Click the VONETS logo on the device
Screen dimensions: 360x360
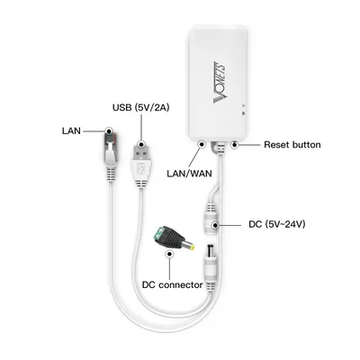tap(220, 83)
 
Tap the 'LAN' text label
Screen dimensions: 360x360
tap(71, 131)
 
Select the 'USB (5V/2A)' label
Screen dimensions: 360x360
tap(140, 107)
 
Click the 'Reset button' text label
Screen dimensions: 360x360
tap(292, 145)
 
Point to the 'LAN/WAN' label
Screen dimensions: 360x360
tap(189, 174)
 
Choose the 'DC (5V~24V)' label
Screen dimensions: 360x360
tap(277, 224)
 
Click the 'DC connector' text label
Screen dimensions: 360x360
tap(173, 284)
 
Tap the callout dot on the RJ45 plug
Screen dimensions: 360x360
tap(109, 131)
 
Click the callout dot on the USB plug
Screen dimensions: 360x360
tap(141, 144)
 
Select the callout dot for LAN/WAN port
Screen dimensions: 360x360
tap(202, 145)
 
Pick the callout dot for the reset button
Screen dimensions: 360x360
tap(235, 145)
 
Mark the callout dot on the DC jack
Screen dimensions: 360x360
tap(215, 225)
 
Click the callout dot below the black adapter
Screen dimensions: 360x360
tap(170, 254)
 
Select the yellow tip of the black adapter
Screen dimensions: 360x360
tap(191, 247)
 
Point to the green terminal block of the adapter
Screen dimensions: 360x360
tap(159, 234)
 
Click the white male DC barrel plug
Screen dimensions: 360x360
tap(210, 267)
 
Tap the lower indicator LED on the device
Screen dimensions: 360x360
tap(244, 113)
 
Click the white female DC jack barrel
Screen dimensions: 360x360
tap(211, 219)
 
